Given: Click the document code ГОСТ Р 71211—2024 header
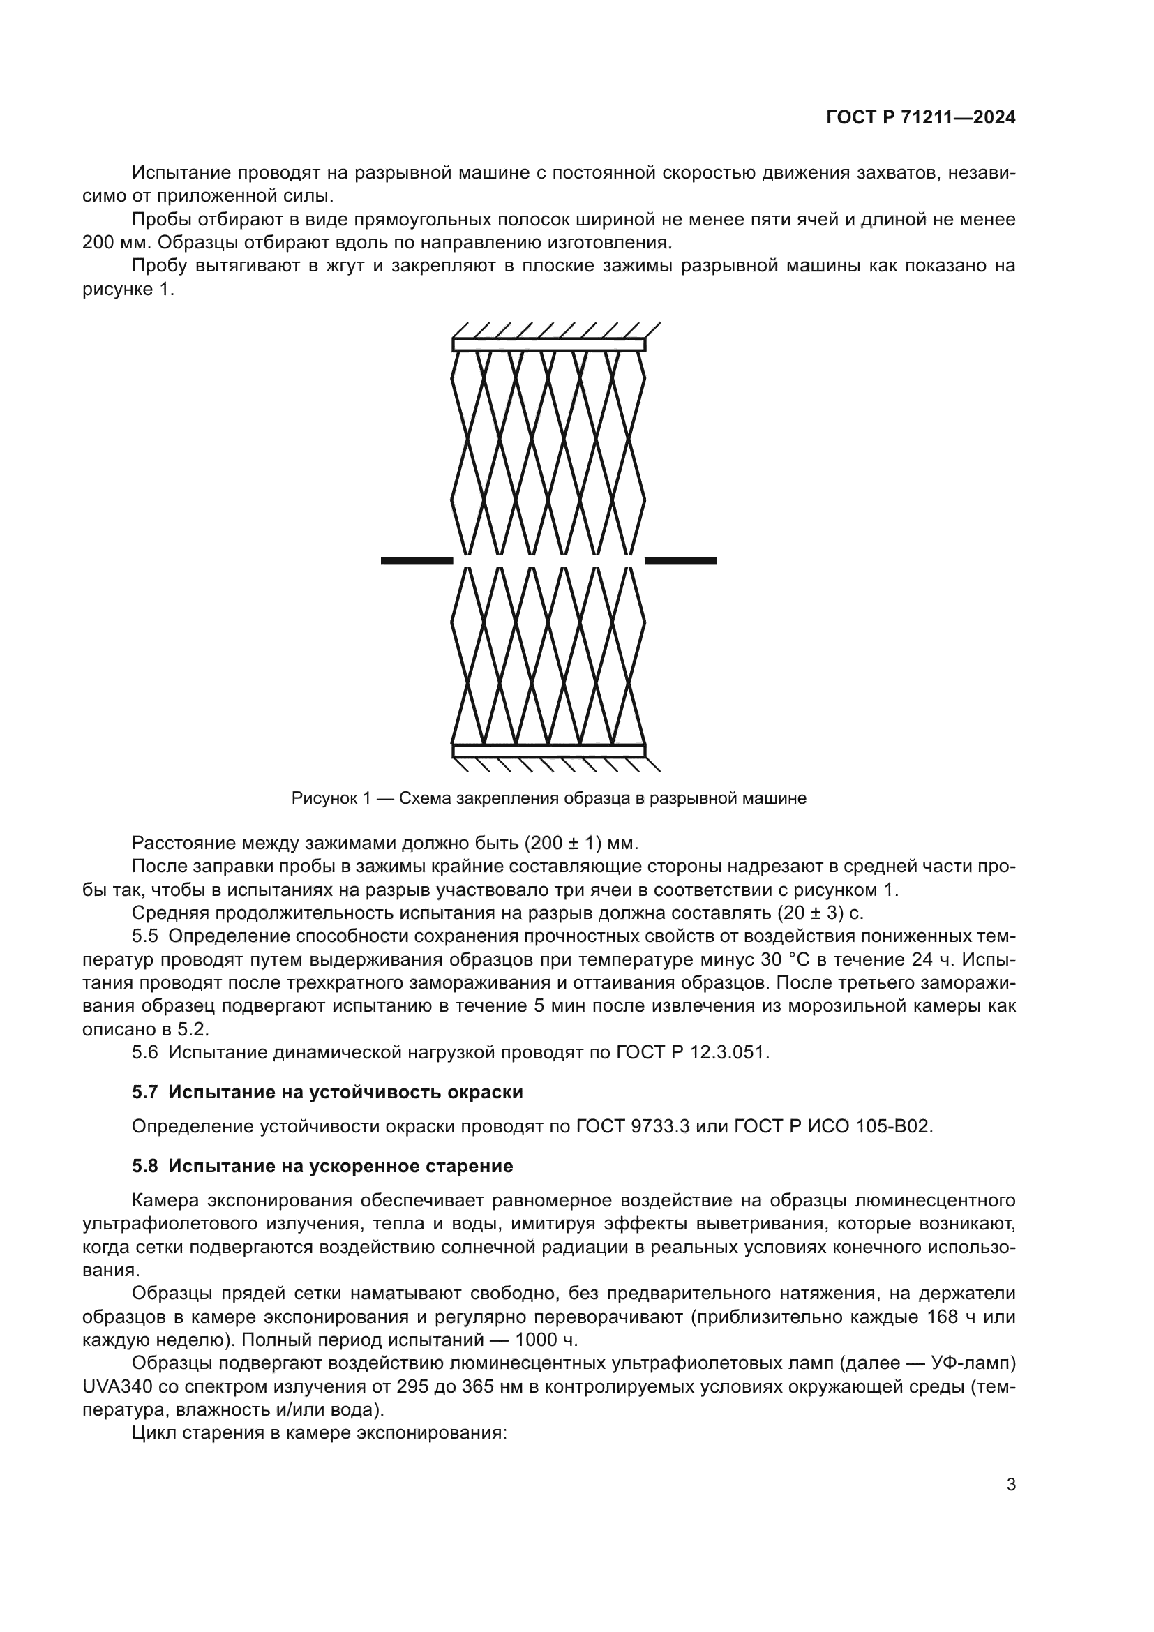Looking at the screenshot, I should coord(921,118).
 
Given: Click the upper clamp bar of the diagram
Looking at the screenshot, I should coord(548,345).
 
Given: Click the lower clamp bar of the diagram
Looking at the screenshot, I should coord(548,751).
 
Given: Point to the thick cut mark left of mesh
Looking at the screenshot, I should coord(417,562).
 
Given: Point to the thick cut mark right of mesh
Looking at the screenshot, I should coord(681,562).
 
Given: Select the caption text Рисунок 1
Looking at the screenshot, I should coord(331,798).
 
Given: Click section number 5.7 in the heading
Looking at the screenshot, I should coord(144,1093).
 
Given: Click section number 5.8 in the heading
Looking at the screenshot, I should coord(144,1167).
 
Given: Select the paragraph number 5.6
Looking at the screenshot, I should coord(144,1053).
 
